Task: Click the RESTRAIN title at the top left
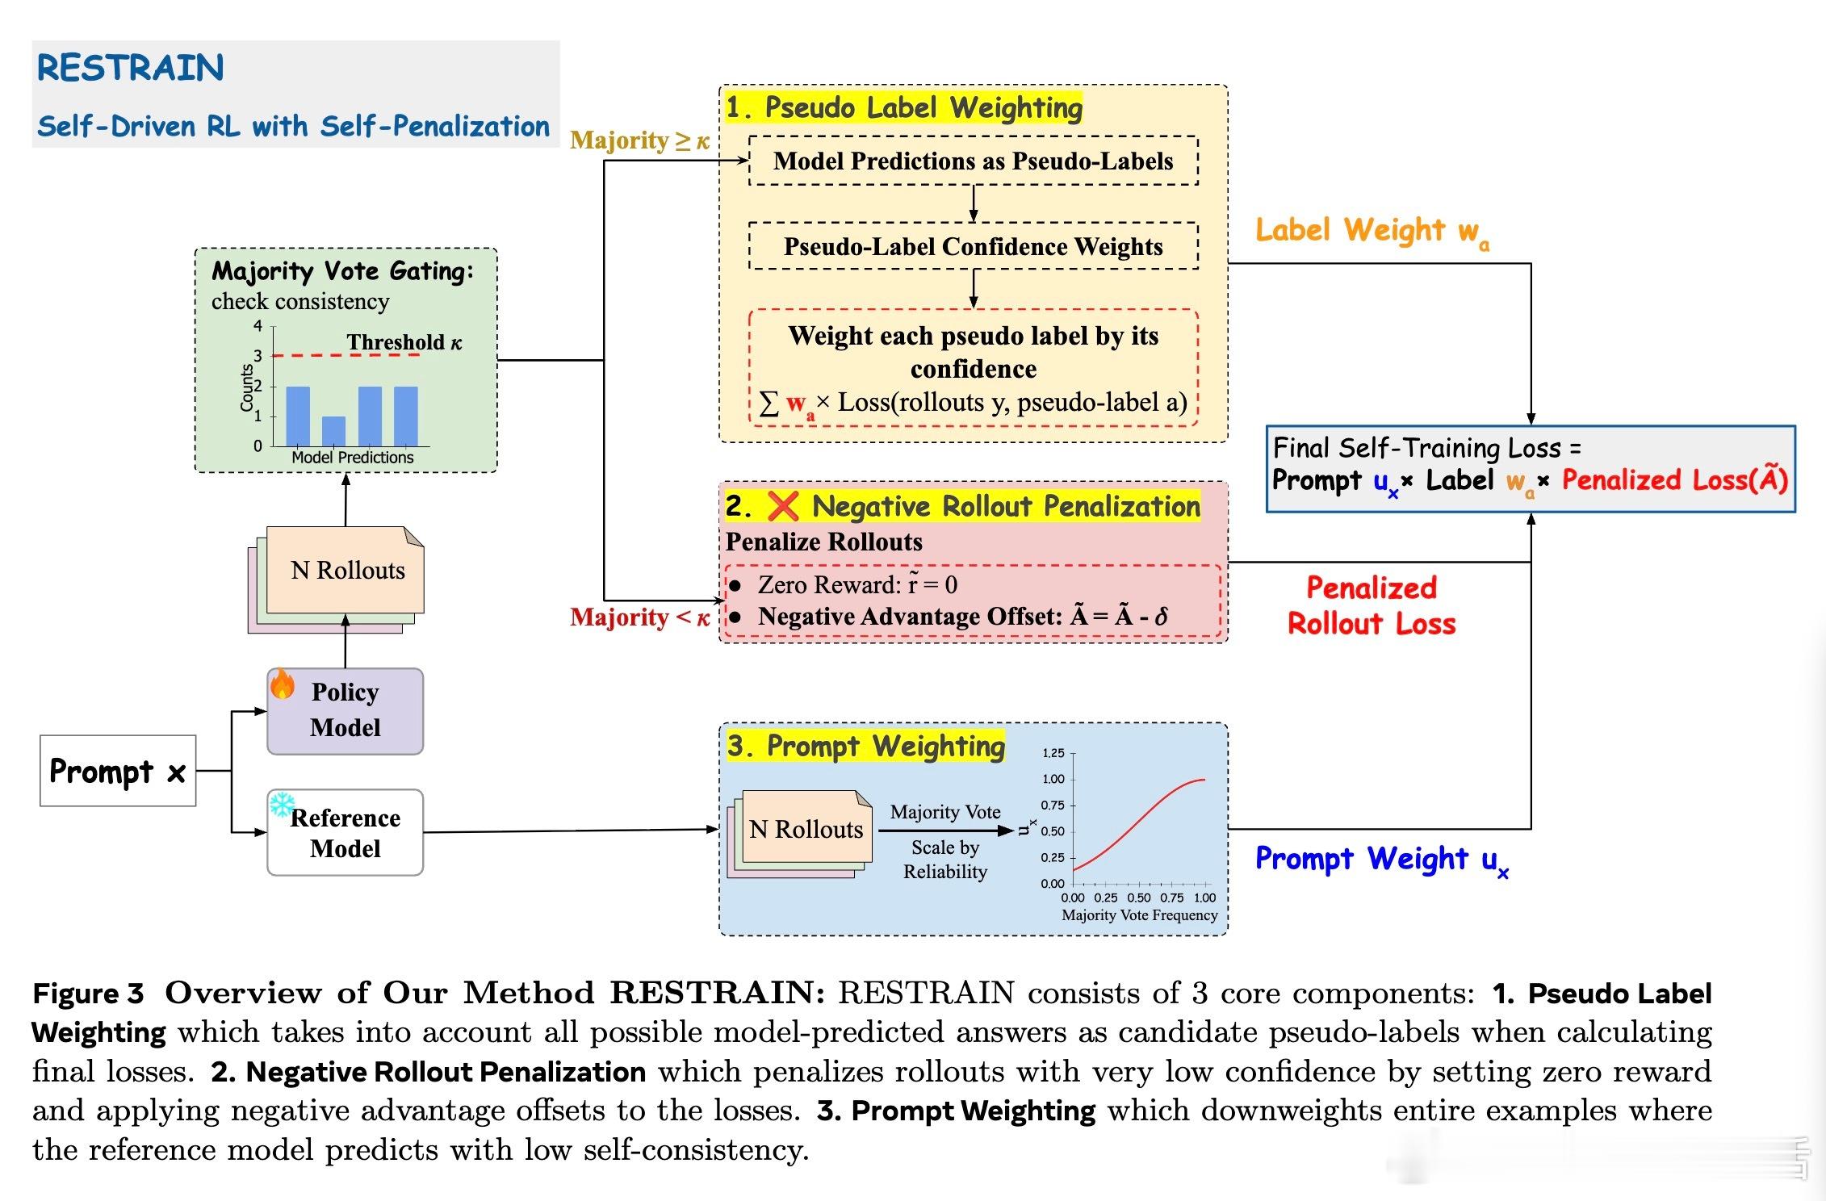coord(130,68)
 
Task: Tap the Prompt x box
coord(118,771)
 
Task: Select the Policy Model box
coord(346,711)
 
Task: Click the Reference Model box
coord(346,833)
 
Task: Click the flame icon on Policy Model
coord(283,684)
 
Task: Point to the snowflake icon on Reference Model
coord(282,805)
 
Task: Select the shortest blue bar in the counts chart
coord(333,431)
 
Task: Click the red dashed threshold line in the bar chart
coord(307,355)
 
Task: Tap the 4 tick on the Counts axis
coord(258,326)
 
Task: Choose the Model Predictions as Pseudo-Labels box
coord(973,161)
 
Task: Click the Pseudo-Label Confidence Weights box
coord(973,246)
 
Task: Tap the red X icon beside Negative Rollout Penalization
coord(782,506)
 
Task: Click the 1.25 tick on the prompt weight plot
coord(1053,753)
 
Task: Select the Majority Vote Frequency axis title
coord(1139,915)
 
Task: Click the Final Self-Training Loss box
coord(1530,469)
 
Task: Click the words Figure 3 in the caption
coord(88,994)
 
